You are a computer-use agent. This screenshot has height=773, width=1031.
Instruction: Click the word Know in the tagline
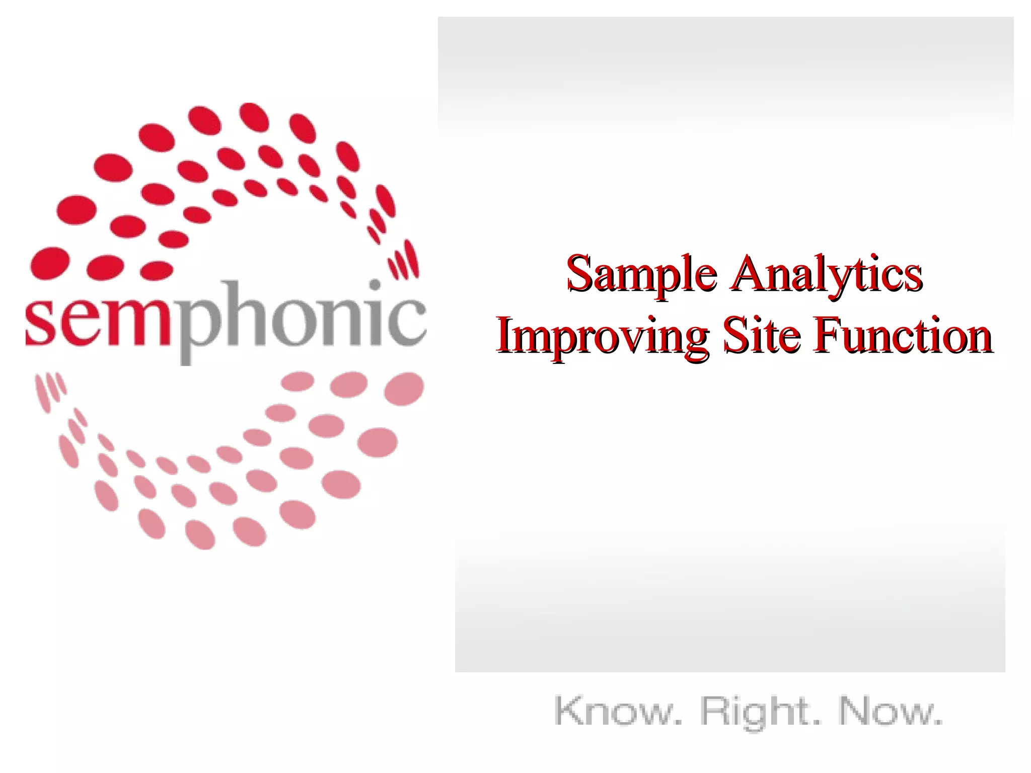click(x=617, y=711)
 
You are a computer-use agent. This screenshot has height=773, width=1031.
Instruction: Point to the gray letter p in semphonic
click(x=199, y=327)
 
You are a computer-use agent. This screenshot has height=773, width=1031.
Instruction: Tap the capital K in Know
click(x=569, y=710)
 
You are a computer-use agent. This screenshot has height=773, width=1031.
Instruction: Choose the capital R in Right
click(x=715, y=710)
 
